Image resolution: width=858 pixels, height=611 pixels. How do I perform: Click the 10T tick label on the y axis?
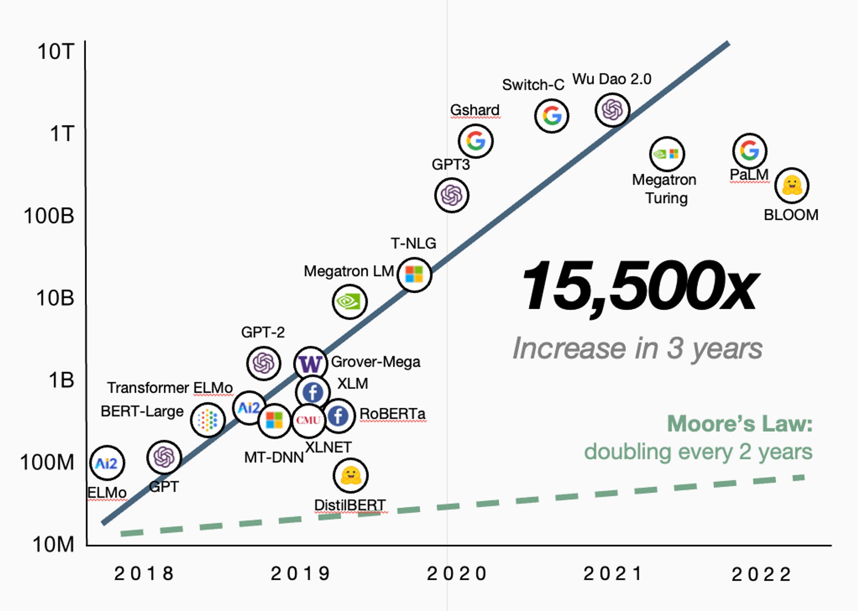(56, 52)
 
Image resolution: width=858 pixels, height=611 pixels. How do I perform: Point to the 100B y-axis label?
(49, 216)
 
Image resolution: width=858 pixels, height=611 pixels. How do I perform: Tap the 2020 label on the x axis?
(456, 574)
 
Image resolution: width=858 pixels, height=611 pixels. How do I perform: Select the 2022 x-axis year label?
(761, 575)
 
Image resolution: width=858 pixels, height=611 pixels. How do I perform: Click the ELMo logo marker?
(107, 463)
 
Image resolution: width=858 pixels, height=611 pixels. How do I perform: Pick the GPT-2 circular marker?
(263, 363)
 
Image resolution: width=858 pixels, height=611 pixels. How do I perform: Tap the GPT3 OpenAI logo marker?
(451, 196)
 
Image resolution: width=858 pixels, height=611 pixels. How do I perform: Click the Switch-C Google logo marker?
(552, 116)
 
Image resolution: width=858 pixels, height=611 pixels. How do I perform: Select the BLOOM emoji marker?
(792, 186)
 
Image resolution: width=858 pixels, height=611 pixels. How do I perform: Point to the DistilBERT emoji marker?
(350, 476)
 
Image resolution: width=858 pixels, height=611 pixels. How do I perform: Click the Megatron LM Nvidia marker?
(349, 302)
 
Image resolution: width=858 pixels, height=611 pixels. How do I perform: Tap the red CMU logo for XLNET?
(308, 420)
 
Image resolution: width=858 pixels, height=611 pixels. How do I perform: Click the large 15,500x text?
(639, 286)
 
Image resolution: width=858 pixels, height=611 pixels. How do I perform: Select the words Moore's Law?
(740, 424)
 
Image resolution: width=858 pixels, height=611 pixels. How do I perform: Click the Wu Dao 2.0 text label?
(612, 79)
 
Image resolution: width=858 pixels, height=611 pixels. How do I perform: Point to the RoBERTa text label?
(392, 414)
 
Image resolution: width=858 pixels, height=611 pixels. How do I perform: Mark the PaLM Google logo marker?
(749, 151)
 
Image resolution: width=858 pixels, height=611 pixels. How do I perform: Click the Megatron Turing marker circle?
(667, 154)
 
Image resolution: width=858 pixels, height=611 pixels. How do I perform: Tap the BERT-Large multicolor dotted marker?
(208, 420)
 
